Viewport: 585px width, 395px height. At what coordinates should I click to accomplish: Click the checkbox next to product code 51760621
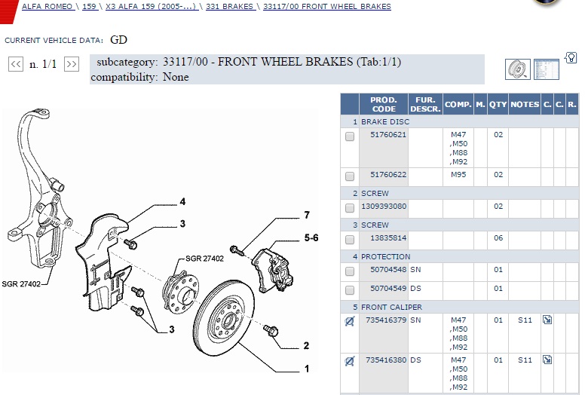tap(350, 136)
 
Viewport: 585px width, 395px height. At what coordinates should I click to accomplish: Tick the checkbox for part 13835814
tap(350, 240)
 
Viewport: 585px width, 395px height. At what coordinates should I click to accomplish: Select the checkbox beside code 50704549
tap(350, 289)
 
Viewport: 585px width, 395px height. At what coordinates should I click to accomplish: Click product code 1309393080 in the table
tap(384, 207)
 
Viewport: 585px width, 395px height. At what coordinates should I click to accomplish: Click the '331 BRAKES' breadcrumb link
tap(229, 6)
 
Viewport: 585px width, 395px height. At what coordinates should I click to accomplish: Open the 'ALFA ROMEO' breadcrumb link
tap(47, 6)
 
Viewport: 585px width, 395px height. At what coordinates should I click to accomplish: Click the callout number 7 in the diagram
tap(307, 215)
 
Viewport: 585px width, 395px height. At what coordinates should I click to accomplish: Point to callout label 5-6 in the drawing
tap(311, 237)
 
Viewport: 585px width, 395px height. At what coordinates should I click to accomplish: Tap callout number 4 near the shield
tap(182, 202)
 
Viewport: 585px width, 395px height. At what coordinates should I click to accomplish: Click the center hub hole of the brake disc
tap(227, 320)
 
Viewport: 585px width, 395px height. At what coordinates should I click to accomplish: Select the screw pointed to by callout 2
tap(271, 330)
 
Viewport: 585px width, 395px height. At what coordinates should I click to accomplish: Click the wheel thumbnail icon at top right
tap(517, 69)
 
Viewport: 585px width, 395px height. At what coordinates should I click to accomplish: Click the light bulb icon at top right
tap(571, 58)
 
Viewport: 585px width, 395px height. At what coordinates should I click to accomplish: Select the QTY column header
tap(498, 105)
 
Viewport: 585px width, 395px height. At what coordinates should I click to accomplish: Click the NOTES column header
tap(525, 105)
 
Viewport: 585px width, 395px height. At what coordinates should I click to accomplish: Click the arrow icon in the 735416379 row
tap(547, 320)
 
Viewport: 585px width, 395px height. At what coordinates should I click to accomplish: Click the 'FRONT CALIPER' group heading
tap(391, 308)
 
